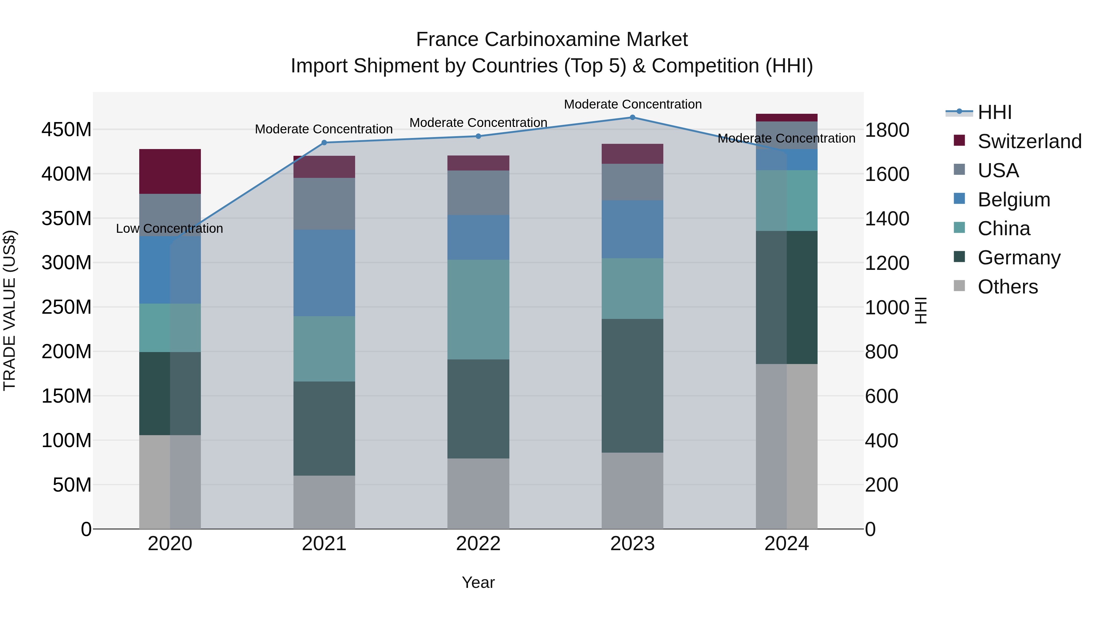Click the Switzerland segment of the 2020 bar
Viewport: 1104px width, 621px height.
point(170,171)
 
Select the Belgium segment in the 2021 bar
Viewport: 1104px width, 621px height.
point(324,273)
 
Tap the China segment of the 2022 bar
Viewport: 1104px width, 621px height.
point(478,309)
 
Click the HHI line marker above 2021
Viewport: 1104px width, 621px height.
point(324,143)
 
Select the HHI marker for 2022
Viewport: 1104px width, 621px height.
point(478,136)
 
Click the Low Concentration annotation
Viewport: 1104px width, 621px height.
point(169,228)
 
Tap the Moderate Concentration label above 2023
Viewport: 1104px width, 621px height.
point(633,104)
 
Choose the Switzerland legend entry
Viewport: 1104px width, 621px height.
point(1029,141)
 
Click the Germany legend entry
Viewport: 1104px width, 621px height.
point(1018,258)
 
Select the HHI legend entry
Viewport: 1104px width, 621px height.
point(994,112)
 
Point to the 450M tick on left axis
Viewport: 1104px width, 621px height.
point(67,129)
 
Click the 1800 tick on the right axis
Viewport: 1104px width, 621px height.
point(886,130)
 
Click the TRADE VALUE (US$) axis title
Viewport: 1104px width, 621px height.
point(10,310)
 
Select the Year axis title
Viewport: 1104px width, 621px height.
point(478,582)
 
